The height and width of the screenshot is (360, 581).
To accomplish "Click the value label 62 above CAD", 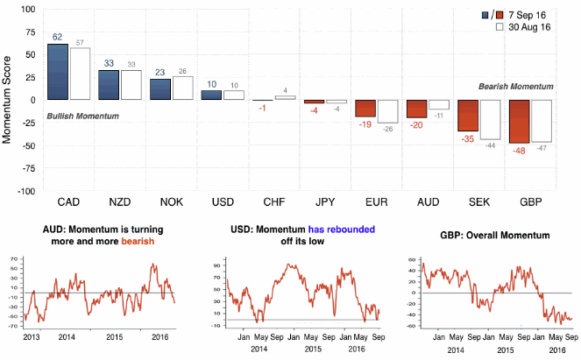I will tap(57, 37).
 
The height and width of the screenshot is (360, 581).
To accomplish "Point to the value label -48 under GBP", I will tap(520, 150).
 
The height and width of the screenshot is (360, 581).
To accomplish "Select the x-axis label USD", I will tap(223, 203).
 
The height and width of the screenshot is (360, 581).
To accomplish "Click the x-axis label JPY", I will tap(325, 203).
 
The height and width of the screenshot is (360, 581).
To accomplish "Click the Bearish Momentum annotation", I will tap(516, 87).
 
